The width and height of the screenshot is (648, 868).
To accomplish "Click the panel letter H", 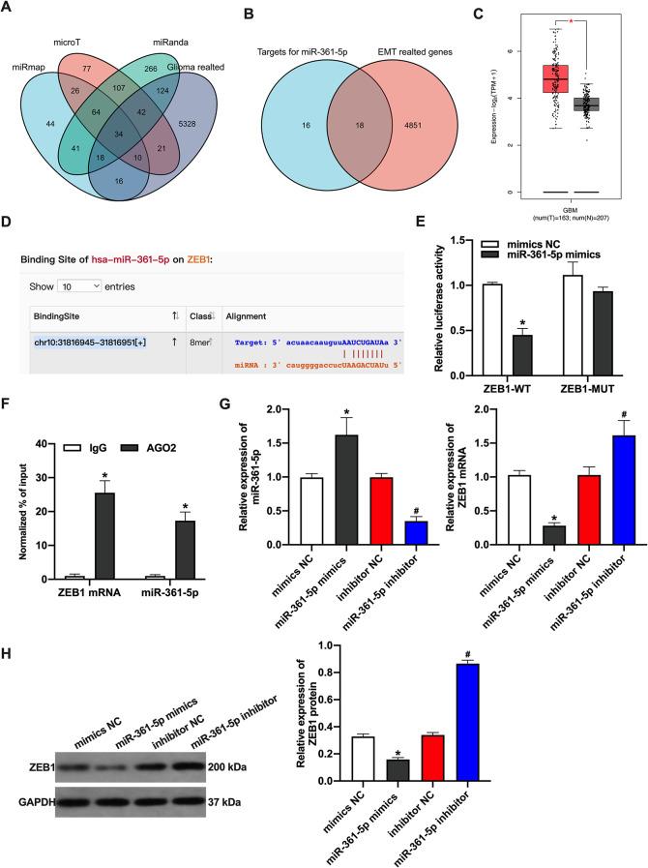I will click(7, 675).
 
